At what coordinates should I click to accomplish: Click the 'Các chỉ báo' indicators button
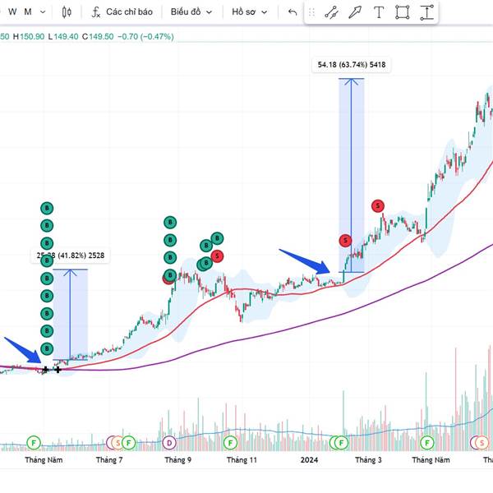coord(122,12)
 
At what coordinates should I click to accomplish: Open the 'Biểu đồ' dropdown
coord(191,12)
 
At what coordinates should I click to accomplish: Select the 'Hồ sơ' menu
coord(249,12)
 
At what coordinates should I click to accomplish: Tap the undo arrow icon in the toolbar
coord(293,12)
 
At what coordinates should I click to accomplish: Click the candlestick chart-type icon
coord(67,12)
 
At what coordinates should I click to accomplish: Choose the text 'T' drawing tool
coord(378,12)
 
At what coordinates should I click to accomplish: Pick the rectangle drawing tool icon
coord(402,12)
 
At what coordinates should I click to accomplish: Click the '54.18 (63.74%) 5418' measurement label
coord(351,65)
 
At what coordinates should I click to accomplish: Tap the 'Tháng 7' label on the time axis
coord(109,460)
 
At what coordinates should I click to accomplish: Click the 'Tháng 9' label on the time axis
coord(177,460)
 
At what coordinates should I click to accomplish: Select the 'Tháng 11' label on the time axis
coord(242,460)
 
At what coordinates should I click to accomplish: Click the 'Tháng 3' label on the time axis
coord(368,460)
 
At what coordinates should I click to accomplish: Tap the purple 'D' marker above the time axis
coord(169,443)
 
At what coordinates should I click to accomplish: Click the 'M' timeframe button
coord(29,12)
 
